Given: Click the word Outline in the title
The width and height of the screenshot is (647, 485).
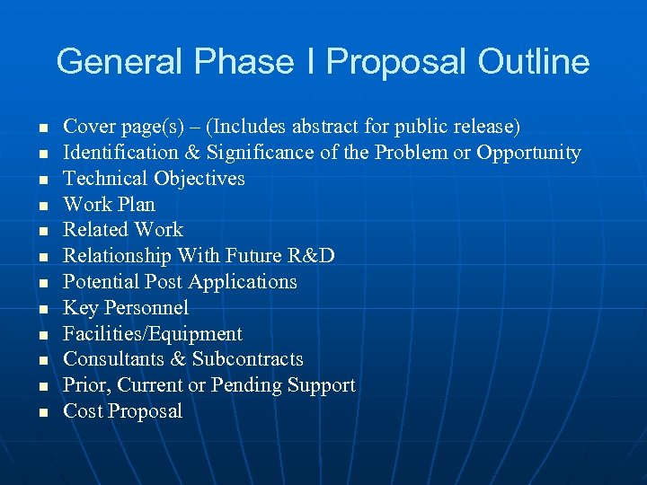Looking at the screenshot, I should click(534, 62).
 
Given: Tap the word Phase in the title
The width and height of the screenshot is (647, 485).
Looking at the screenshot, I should click(247, 62).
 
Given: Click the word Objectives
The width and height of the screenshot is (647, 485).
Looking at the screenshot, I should click(199, 179).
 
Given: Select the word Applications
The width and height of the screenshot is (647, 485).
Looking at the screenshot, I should click(243, 282).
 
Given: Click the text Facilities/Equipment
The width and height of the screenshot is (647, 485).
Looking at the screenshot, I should click(153, 334).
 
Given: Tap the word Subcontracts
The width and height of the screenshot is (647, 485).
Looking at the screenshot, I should click(248, 359).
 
